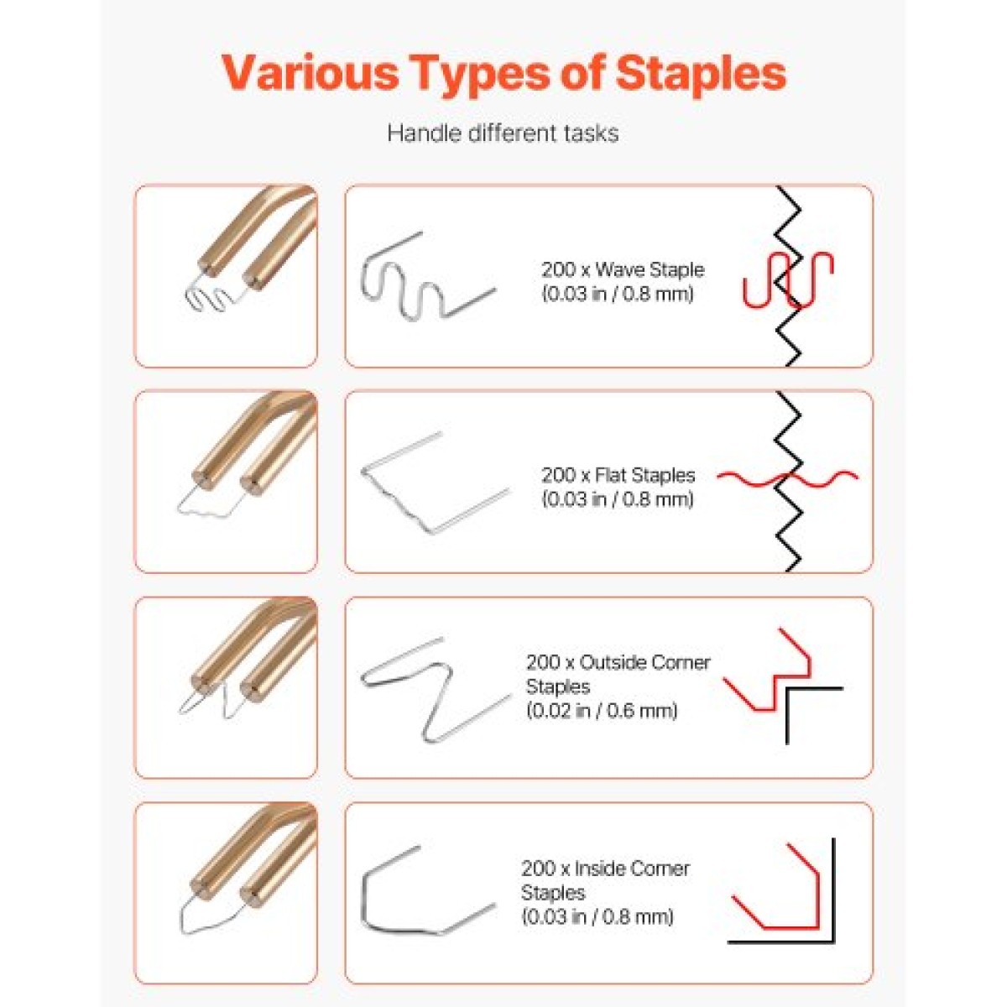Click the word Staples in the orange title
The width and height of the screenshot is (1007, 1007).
point(701,74)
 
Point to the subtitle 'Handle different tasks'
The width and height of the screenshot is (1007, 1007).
point(503,133)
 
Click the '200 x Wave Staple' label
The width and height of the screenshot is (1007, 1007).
point(623,269)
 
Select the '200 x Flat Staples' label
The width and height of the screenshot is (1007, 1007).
point(618,475)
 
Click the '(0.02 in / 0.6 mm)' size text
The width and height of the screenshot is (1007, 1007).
point(602,711)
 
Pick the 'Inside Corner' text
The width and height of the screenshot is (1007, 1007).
point(632,869)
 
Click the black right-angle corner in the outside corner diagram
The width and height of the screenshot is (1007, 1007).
point(787,688)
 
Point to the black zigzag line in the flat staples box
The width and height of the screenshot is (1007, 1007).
point(787,482)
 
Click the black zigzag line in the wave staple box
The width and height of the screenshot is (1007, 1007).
point(787,276)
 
